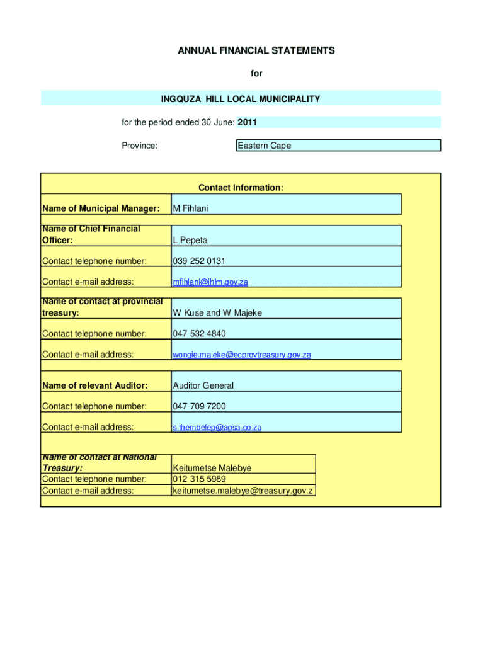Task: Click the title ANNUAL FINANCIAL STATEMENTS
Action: point(256,50)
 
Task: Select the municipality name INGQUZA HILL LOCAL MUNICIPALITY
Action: point(241,99)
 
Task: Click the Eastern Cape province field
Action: point(264,146)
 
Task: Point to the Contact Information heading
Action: point(241,188)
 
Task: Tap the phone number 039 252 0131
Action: point(199,261)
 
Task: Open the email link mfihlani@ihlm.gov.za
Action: point(210,282)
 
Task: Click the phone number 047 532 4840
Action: point(199,334)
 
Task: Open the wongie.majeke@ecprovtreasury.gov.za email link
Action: point(242,355)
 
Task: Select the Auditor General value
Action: point(203,385)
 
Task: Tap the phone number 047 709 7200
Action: point(199,406)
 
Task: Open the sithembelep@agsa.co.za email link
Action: point(217,428)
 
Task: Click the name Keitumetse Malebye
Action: point(212,469)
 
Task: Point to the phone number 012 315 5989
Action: point(199,479)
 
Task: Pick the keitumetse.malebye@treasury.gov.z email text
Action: point(243,491)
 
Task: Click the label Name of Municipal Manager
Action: point(100,208)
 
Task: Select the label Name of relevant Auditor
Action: point(94,385)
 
